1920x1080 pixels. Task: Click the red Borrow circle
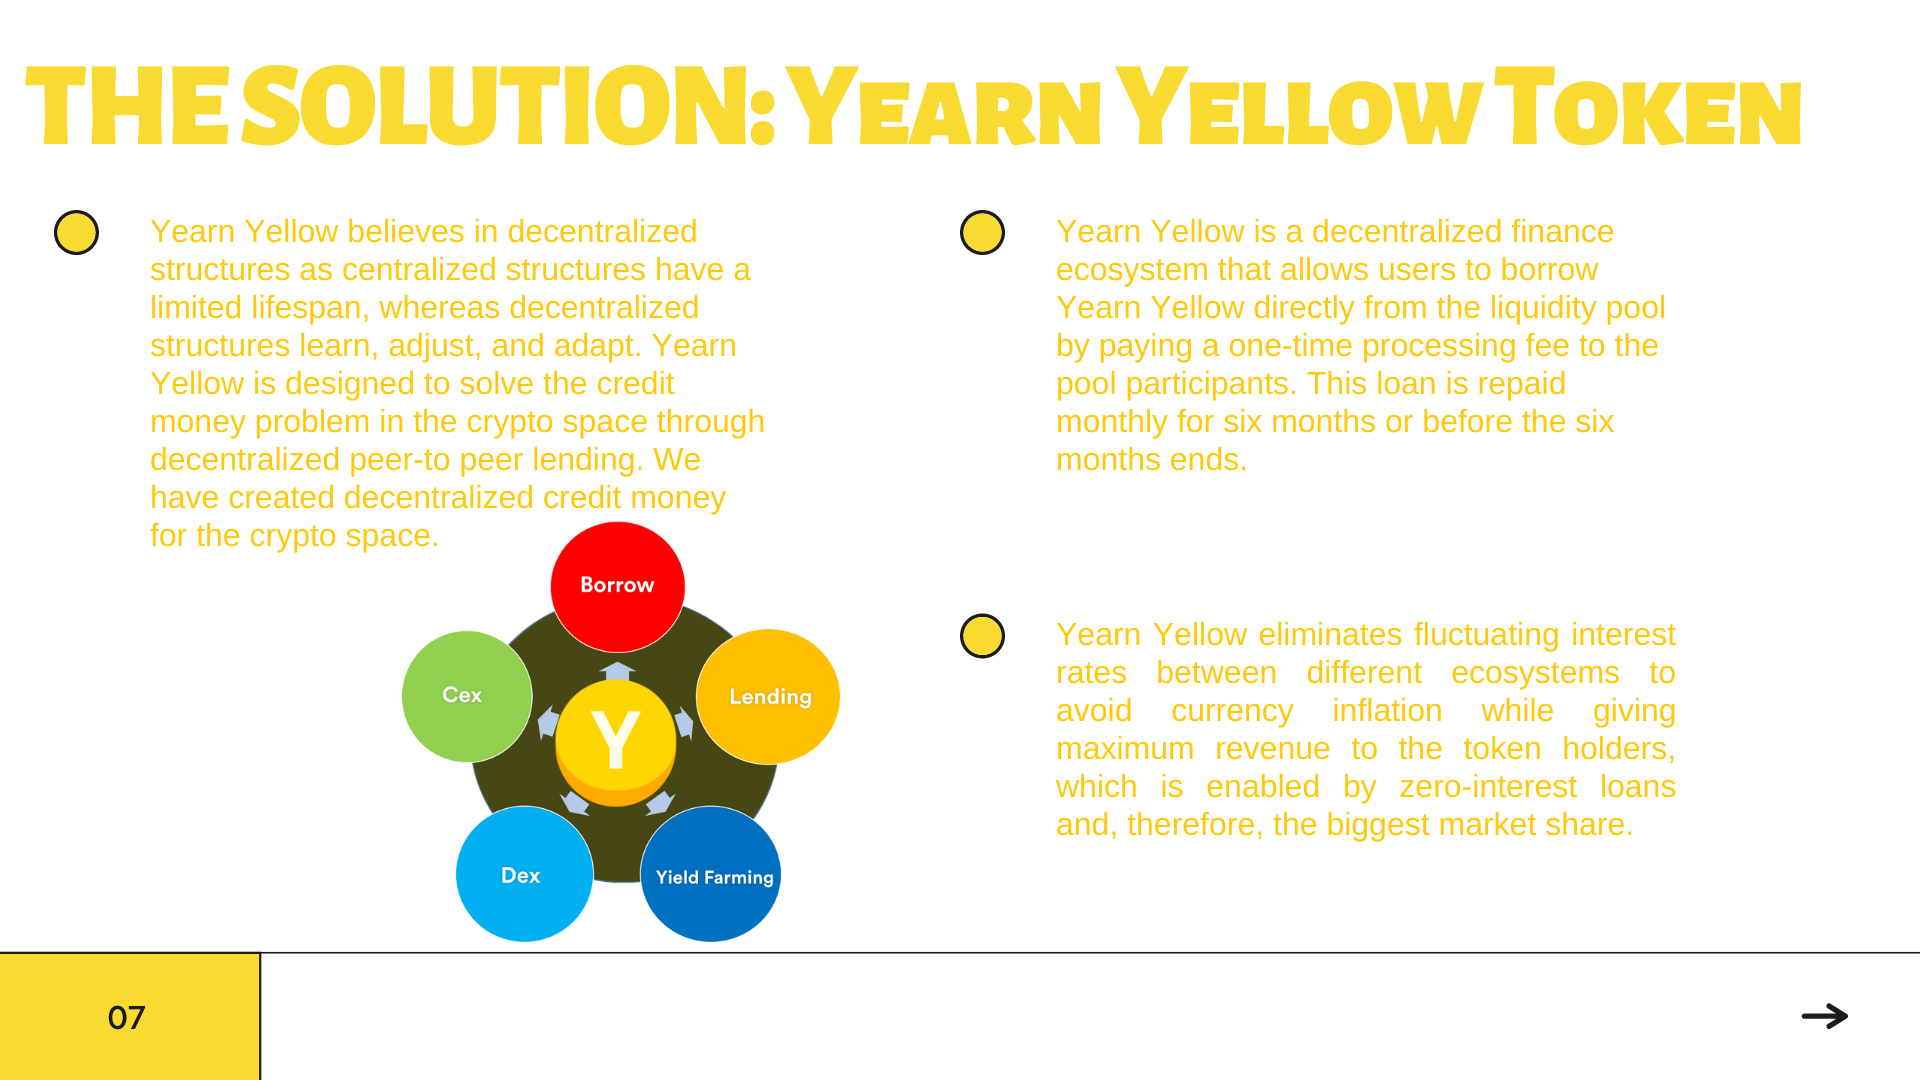(x=617, y=587)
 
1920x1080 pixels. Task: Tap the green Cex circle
(x=467, y=696)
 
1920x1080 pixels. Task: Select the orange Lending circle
(x=768, y=697)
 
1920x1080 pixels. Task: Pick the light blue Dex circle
(x=524, y=874)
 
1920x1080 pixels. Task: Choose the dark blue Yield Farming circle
(x=711, y=874)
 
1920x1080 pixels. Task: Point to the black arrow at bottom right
(x=1825, y=1016)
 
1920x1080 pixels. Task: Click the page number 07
(x=127, y=1018)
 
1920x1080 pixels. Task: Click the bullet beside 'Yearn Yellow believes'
(x=76, y=232)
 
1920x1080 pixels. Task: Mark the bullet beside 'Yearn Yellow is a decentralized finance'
(x=982, y=232)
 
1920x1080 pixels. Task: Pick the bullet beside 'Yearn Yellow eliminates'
(x=982, y=636)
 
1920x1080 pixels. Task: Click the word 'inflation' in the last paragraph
(x=1387, y=711)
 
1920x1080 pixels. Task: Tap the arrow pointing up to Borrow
(x=617, y=671)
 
